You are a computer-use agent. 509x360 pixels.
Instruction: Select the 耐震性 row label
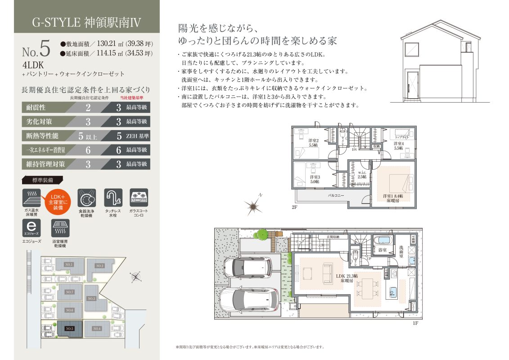37,108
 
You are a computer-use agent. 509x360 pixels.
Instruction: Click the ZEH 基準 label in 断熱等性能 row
137,135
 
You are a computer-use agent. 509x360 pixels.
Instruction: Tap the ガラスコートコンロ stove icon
139,198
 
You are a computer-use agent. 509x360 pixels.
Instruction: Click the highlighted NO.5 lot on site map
69,329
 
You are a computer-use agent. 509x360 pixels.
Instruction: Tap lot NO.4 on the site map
97,329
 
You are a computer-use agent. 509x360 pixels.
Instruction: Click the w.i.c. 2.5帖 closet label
362,175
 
